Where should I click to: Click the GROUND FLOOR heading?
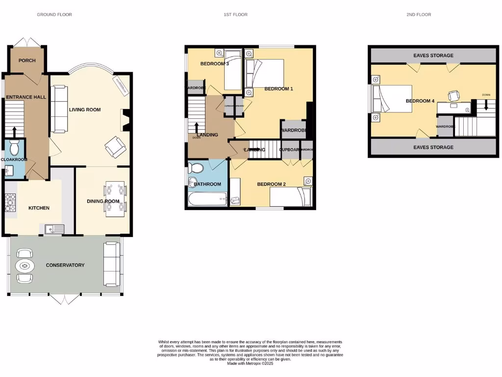tap(54, 15)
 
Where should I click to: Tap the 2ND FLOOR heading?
tap(419, 15)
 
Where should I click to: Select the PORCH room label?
tap(27, 60)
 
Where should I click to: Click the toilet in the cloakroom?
tap(14, 147)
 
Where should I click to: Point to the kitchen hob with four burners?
tap(10, 202)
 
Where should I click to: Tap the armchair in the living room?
tap(116, 146)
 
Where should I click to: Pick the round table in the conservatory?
tap(25, 266)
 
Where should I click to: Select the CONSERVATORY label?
tap(65, 265)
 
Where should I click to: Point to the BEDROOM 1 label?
tap(278, 89)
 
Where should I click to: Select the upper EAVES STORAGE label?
tap(433, 55)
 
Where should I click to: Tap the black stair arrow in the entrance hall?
tap(14, 131)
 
